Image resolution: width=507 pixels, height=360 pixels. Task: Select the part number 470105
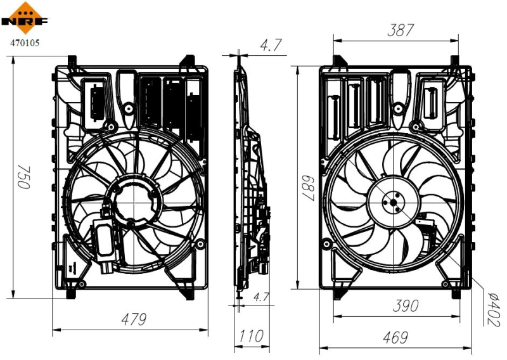[x=24, y=44]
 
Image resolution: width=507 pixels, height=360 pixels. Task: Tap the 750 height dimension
[x=23, y=177]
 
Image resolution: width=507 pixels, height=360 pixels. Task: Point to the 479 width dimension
[x=132, y=319]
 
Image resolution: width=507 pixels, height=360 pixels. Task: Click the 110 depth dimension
[x=252, y=337]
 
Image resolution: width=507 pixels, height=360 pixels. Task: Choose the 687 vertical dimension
[x=308, y=188]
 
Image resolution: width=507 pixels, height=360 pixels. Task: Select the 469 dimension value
[x=395, y=338]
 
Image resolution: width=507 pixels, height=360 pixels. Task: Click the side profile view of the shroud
[x=251, y=177]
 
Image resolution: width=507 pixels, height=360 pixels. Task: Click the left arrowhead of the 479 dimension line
[x=55, y=329]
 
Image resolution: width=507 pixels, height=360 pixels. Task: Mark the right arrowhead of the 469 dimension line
[x=470, y=347]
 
